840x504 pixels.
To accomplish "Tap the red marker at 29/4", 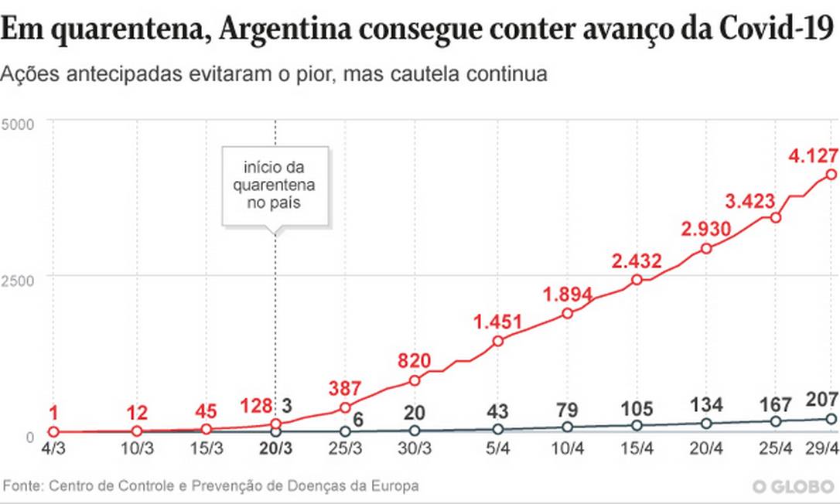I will [831, 175].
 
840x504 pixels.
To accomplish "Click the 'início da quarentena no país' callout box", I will [275, 186].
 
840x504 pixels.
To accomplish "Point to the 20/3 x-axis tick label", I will [276, 448].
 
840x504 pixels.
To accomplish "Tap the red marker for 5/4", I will [498, 341].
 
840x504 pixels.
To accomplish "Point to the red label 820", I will [413, 361].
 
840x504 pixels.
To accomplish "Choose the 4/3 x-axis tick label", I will [53, 448].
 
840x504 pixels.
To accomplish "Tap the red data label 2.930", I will [702, 230].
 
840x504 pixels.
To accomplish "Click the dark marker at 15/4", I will [637, 425].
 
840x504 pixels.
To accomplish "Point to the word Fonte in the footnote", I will [22, 486].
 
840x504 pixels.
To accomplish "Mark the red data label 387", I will [345, 389].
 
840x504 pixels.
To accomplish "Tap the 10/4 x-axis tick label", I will [569, 448].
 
